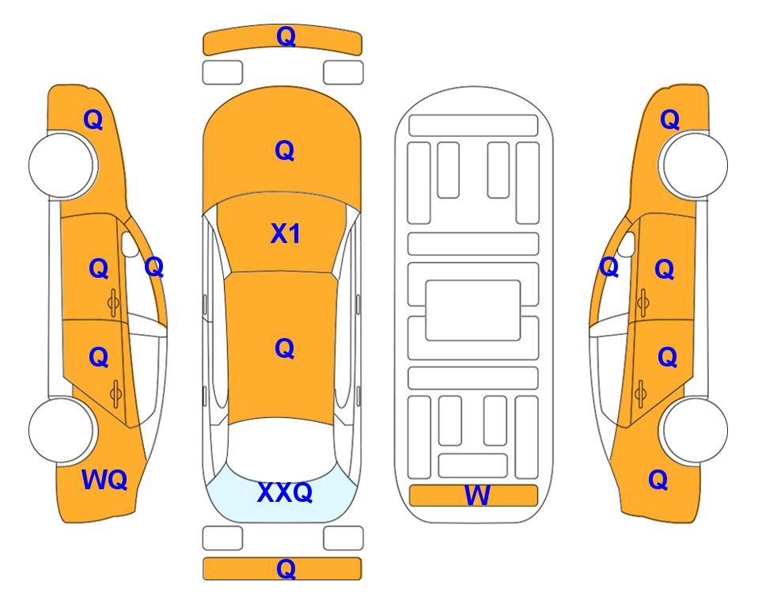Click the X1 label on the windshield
tap(286, 234)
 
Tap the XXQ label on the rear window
tap(285, 492)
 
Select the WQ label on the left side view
tap(104, 480)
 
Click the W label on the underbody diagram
tap(476, 496)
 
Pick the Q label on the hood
tap(285, 150)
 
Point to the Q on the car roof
tap(285, 348)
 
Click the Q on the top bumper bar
tap(286, 37)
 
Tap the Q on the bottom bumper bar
tap(286, 568)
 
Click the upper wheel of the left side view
tap(62, 165)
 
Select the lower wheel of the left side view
tap(62, 430)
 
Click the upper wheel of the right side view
tap(695, 165)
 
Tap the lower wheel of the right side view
tap(695, 430)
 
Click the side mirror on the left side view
tap(130, 245)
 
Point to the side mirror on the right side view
tap(627, 245)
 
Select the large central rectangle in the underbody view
tap(473, 310)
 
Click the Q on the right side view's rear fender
tap(658, 480)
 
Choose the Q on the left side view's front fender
tap(93, 120)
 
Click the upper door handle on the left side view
tap(113, 302)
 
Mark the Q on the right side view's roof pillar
tap(609, 267)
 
